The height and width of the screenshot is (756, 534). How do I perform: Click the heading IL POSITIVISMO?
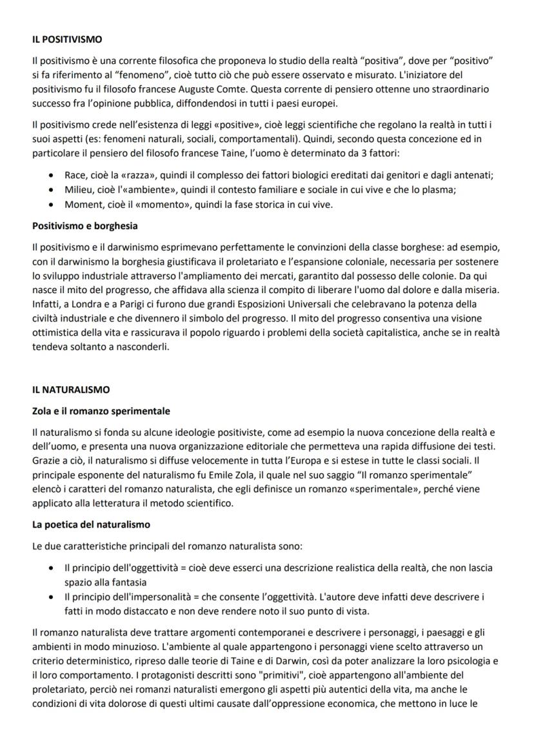click(x=67, y=39)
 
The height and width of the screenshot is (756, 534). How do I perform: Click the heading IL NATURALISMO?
click(x=71, y=390)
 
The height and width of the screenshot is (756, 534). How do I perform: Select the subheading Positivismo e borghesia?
click(x=84, y=227)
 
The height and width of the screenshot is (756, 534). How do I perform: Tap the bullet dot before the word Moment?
click(x=52, y=205)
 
